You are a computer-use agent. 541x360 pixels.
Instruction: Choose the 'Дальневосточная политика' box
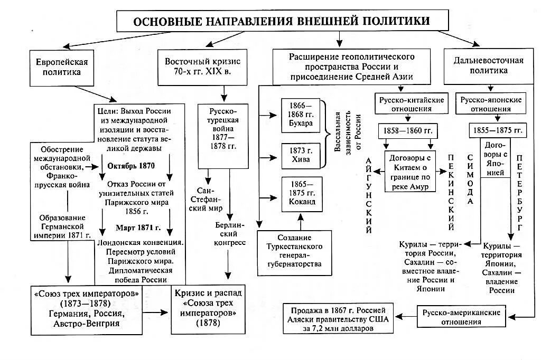click(x=488, y=65)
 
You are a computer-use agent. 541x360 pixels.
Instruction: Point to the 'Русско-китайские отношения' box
click(x=409, y=104)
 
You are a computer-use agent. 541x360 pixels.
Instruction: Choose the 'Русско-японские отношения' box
click(x=491, y=104)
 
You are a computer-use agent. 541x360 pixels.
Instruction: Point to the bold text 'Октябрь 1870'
click(x=131, y=166)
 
